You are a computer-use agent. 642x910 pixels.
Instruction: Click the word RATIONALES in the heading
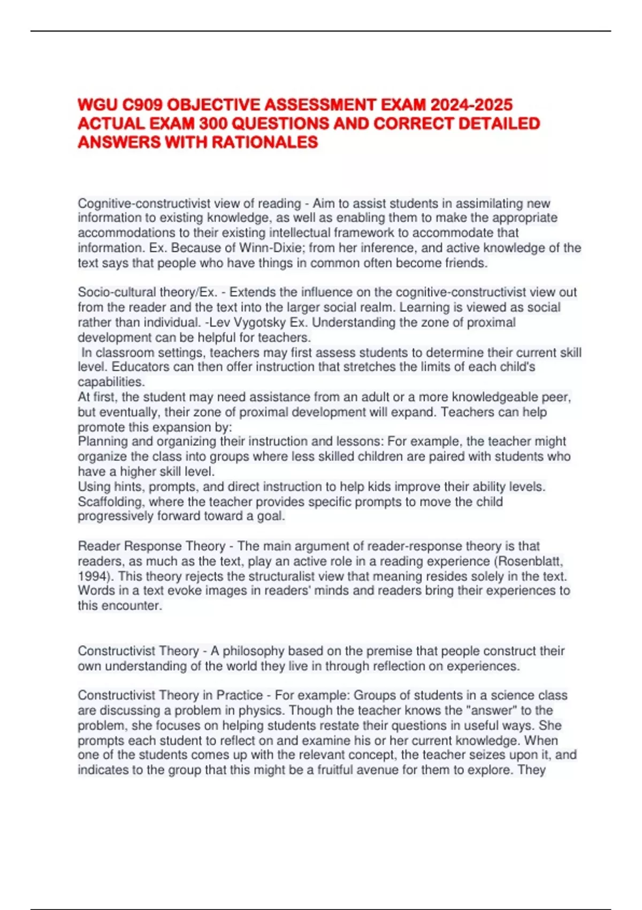click(x=265, y=142)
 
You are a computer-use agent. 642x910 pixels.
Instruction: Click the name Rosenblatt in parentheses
click(x=530, y=561)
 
